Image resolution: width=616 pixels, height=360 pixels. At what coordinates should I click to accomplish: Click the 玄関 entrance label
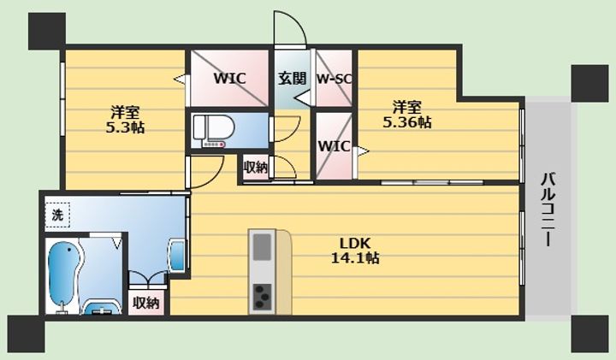[x=292, y=78]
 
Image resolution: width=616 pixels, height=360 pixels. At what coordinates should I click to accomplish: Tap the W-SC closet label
[x=334, y=80]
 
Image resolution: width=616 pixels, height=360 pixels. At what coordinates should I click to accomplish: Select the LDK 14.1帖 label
[x=355, y=251]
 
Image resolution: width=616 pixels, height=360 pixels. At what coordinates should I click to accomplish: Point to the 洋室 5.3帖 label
[x=125, y=120]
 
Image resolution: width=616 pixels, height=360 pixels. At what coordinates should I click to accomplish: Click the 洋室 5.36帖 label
[x=407, y=115]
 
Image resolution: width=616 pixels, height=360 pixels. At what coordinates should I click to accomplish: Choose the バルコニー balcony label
[x=548, y=210]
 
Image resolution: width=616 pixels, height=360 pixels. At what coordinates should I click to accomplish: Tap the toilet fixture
[x=214, y=131]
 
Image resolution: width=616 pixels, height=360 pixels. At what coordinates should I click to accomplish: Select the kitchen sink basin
[x=262, y=247]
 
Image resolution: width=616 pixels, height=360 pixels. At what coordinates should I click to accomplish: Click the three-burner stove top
[x=262, y=297]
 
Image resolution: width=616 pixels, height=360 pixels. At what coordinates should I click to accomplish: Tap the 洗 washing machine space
[x=57, y=215]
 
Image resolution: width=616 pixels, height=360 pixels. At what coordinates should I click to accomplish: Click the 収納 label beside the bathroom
[x=146, y=303]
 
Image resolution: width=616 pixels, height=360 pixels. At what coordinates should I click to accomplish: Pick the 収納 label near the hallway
[x=256, y=168]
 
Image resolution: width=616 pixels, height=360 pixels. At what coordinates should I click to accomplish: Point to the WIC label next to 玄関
[x=230, y=78]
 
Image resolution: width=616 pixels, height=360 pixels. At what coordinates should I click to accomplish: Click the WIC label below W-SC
[x=334, y=146]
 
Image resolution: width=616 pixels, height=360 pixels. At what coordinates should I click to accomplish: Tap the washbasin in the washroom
[x=178, y=256]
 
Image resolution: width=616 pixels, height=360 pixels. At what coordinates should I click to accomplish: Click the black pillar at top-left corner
[x=47, y=31]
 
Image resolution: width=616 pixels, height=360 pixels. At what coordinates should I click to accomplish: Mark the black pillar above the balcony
[x=589, y=83]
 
